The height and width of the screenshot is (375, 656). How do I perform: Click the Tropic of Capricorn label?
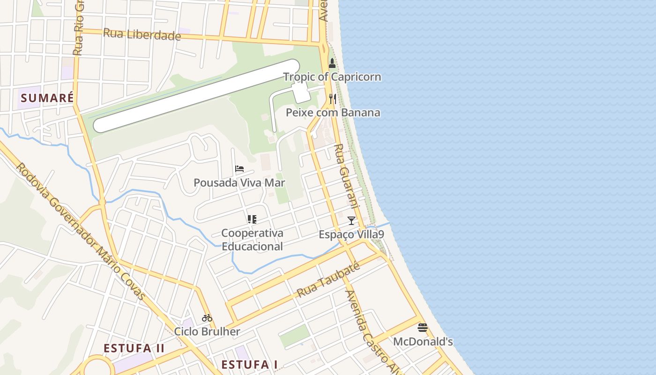coord(332,77)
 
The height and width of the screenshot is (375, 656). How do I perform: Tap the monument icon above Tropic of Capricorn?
coord(332,63)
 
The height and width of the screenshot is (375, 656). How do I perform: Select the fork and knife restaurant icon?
coord(333,98)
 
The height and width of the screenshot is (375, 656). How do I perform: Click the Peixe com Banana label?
coord(333,112)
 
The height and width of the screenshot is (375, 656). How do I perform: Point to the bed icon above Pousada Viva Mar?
coord(239,169)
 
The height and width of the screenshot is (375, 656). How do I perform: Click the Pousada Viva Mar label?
coord(239,183)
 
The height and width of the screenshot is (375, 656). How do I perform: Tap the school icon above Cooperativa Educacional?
coord(252,219)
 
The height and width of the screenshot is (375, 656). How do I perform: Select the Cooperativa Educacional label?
coord(252,240)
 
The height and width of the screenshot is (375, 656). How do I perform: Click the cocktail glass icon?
coord(351,220)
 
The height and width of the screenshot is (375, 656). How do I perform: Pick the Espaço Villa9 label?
coord(351,234)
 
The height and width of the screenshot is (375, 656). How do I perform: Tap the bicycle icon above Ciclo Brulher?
coord(207,318)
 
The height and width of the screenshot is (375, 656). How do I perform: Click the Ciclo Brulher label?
coord(207,331)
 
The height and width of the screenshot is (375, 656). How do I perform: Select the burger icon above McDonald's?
coord(423,327)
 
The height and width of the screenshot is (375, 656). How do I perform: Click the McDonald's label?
coord(423,341)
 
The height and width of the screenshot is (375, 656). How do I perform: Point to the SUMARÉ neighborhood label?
coord(47,98)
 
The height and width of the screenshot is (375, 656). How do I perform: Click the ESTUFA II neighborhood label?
coord(134,348)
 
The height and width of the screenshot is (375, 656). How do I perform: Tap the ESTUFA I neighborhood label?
coord(250,364)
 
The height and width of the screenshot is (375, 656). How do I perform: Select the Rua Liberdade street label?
coord(142,34)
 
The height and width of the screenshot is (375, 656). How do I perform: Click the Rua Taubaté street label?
coord(328,280)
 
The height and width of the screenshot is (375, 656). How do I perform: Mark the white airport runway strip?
coord(197,96)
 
